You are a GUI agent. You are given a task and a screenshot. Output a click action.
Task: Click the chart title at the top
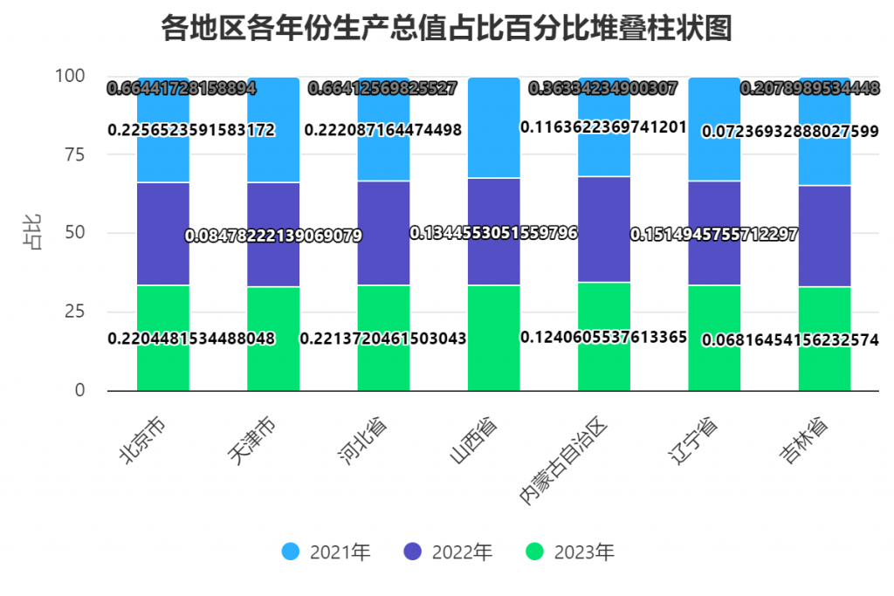(x=446, y=29)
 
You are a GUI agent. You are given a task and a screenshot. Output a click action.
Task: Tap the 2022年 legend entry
(x=449, y=551)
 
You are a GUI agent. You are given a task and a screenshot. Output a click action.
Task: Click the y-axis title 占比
(x=32, y=234)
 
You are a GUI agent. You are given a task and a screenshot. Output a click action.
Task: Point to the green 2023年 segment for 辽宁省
(x=714, y=367)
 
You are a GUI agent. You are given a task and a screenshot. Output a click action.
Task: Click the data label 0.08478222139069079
(x=273, y=236)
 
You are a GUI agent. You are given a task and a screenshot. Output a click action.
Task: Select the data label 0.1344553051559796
(x=493, y=233)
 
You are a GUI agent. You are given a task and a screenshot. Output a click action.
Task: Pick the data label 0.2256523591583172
(x=191, y=130)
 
